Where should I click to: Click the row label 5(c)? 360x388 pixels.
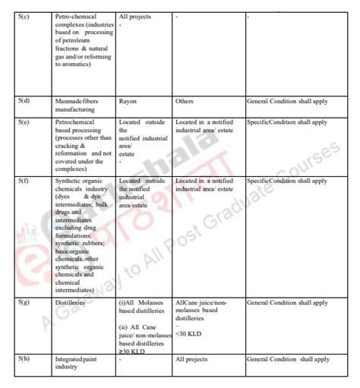(x=23, y=16)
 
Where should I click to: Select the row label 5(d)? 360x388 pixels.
(x=24, y=101)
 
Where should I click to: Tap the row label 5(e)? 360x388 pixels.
(x=23, y=121)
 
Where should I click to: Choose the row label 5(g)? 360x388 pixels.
(x=24, y=302)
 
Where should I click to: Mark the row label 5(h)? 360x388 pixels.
(x=24, y=358)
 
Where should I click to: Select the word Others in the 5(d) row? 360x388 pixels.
(x=184, y=101)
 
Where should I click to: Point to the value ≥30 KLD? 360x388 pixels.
(x=133, y=351)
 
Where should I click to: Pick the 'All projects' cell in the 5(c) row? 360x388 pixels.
(x=136, y=16)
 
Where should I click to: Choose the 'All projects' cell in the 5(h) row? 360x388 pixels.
(x=192, y=358)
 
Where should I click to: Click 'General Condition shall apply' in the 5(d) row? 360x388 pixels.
(x=287, y=101)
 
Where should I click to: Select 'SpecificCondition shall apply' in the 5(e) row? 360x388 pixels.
(x=287, y=121)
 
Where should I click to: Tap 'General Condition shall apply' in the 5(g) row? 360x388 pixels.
(x=287, y=302)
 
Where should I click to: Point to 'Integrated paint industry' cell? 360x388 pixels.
(x=77, y=362)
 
